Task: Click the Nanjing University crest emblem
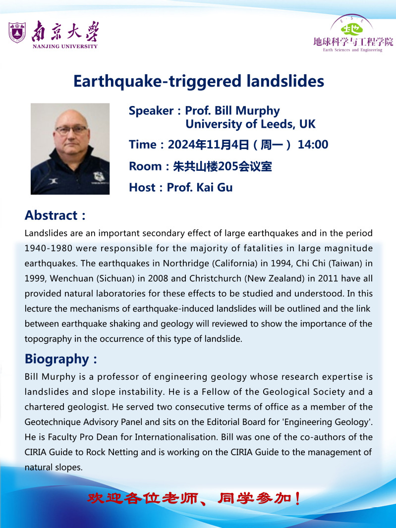(17, 33)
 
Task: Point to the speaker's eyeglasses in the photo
(71, 130)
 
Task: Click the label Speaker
(151, 111)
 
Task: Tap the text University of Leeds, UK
(250, 124)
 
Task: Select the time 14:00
(313, 145)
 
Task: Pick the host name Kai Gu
(213, 187)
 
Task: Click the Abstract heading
(52, 215)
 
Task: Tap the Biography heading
(57, 359)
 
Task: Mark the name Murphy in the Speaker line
(257, 111)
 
